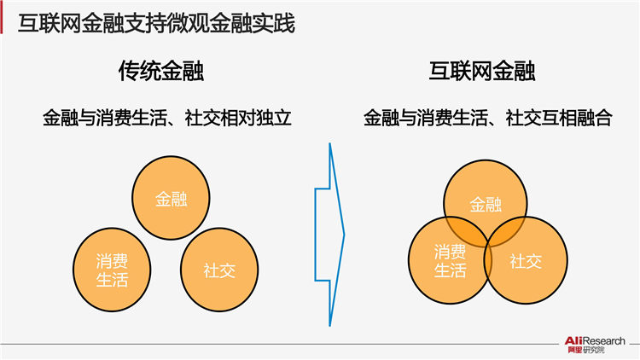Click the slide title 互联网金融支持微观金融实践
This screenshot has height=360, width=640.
point(156,23)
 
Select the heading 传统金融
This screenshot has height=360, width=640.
point(161,71)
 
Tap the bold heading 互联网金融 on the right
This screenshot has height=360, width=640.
point(482,71)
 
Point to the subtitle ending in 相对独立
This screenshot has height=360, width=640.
point(167,118)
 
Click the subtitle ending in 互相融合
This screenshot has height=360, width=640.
point(488,118)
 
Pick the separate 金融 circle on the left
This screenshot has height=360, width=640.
point(171,198)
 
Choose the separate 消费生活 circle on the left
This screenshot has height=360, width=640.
point(112,270)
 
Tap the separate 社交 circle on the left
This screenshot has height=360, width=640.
point(219,270)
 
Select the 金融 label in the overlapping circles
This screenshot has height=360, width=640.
point(486,204)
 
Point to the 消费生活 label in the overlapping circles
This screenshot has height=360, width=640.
point(450,261)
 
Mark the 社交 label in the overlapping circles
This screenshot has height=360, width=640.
point(526,261)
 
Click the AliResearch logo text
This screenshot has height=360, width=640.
point(595,341)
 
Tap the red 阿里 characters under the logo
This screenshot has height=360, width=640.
point(575,350)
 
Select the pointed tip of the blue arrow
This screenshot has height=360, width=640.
point(345,235)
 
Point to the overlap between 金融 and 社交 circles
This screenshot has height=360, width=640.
point(506,231)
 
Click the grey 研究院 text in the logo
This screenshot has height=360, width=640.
point(594,350)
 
